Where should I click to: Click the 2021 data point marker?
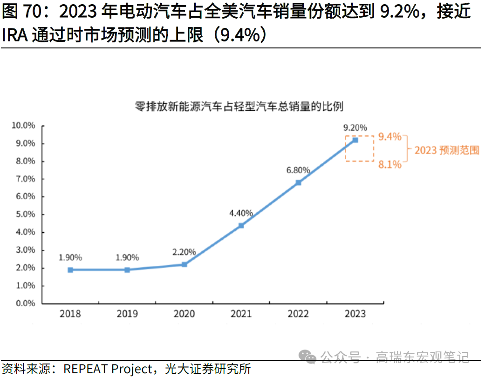coord(241,225)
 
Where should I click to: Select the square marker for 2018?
coord(70,269)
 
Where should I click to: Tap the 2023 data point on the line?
coord(355,140)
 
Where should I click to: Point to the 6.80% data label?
coord(298,170)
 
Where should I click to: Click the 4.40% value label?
coord(241,213)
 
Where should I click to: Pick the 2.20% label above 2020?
coord(184,252)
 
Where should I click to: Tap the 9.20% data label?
coord(355,127)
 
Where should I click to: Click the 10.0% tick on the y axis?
coord(23,126)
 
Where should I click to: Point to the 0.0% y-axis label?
coord(25,303)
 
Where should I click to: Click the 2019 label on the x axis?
coord(127,314)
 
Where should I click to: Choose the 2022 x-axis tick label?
coord(298,314)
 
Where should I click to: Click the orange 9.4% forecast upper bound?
coord(389,136)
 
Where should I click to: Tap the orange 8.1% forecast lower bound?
coord(389,164)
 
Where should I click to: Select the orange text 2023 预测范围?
coord(447,150)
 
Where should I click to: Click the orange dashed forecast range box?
coord(360,148)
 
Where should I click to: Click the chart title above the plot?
coord(239,106)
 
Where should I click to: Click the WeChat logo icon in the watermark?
coord(308,357)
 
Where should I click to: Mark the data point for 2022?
coord(298,182)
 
